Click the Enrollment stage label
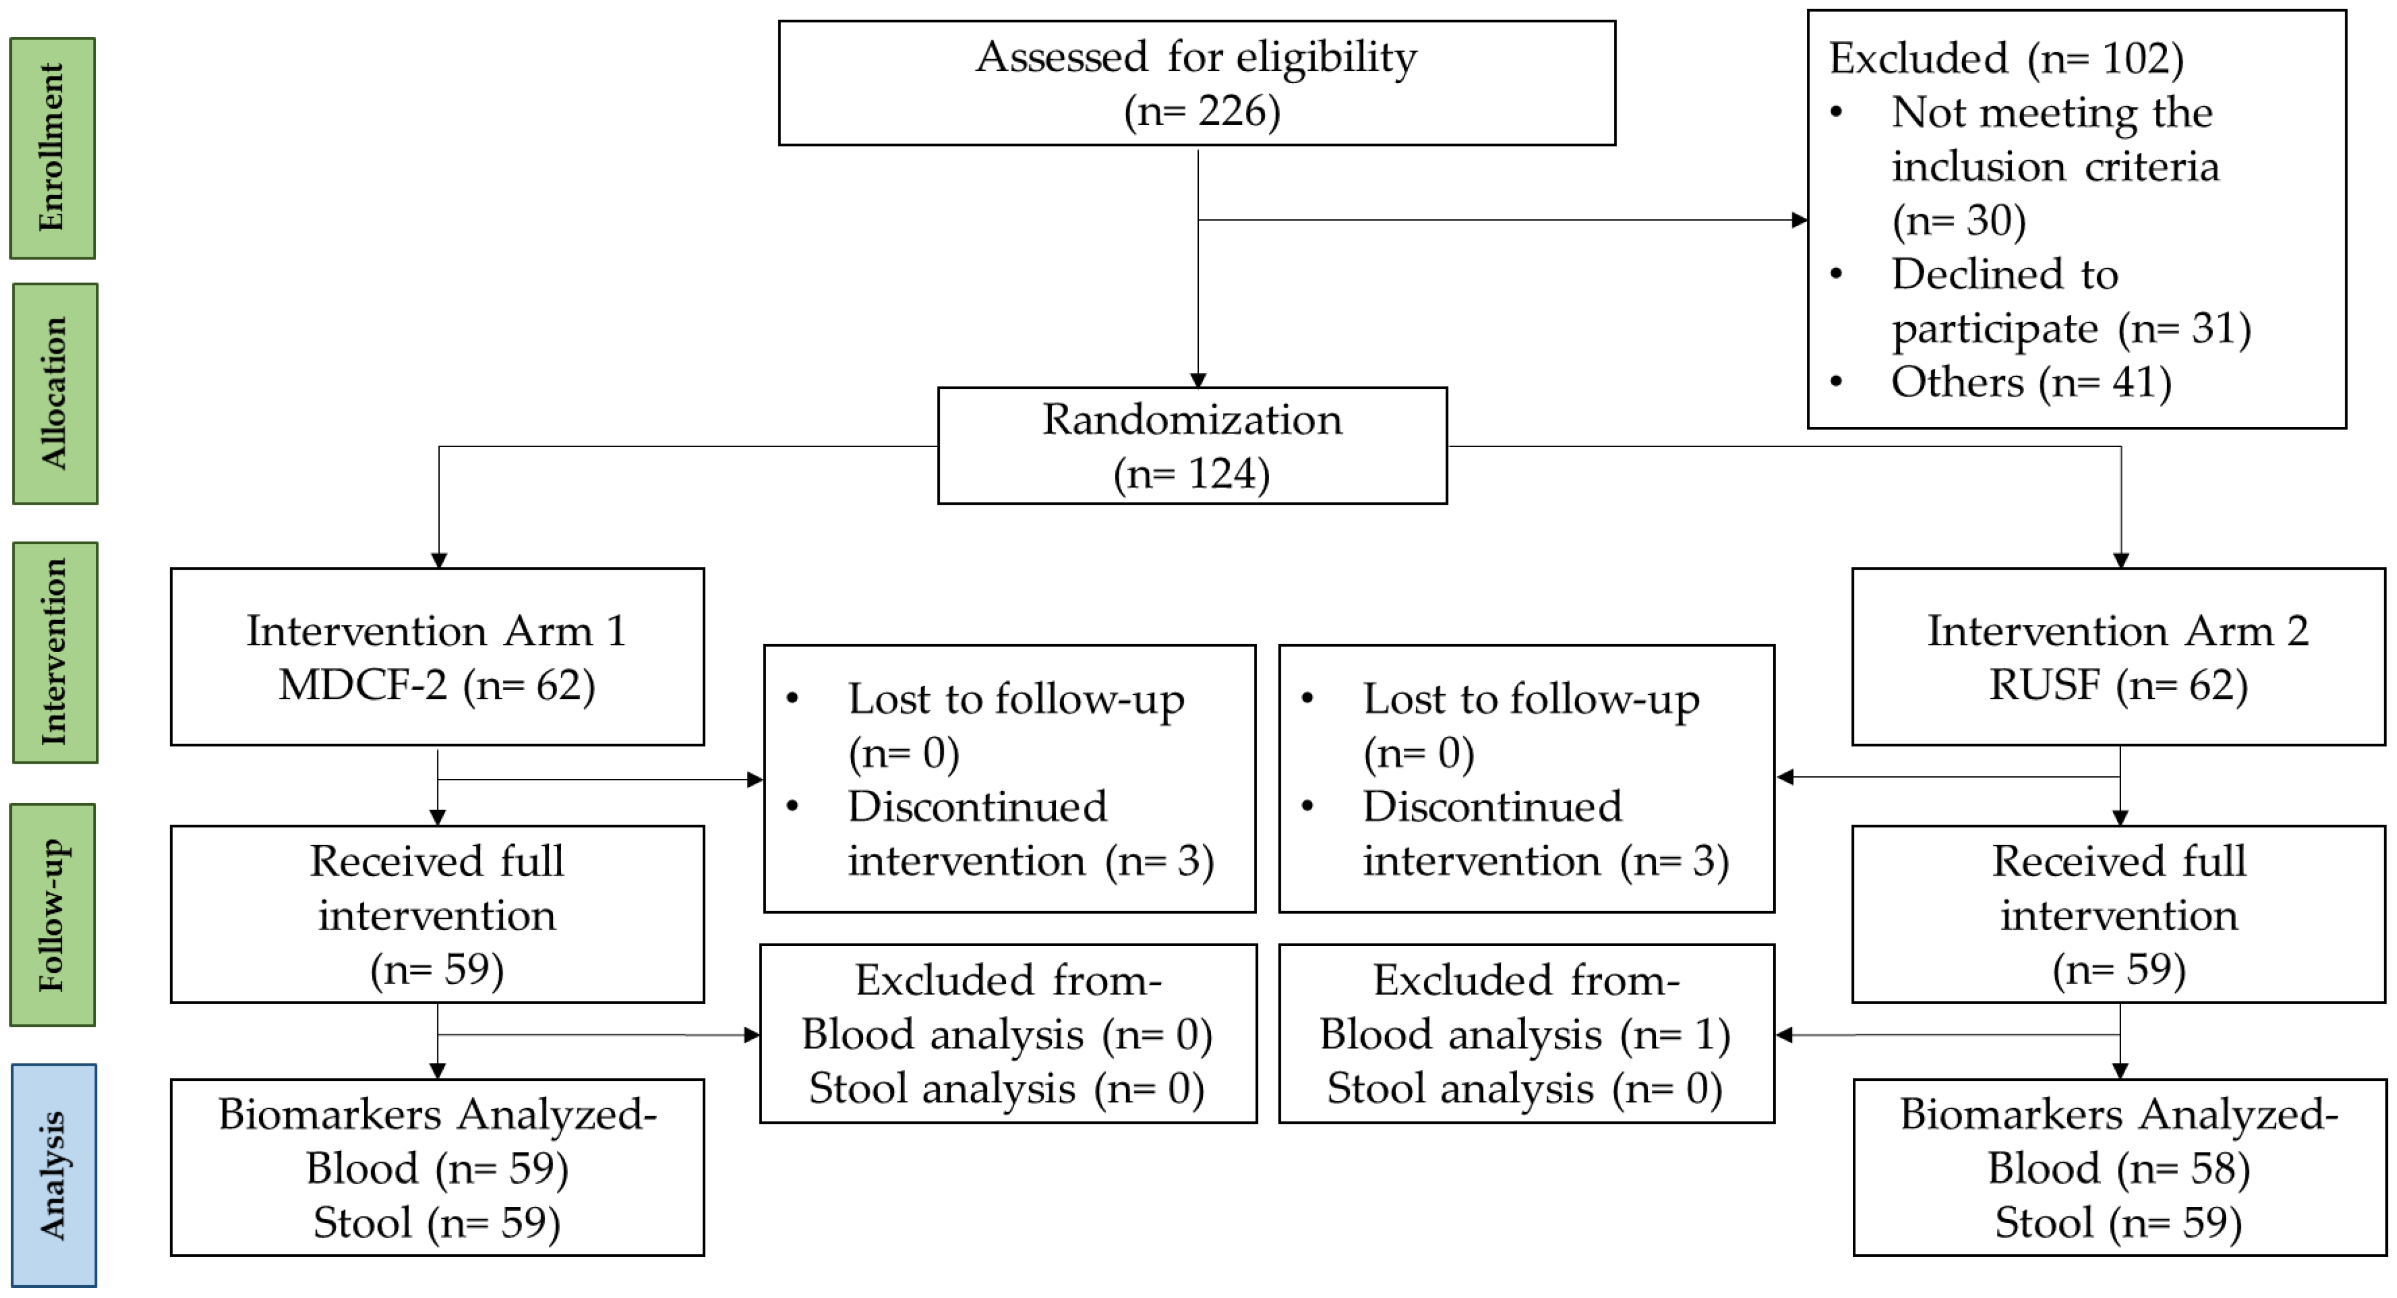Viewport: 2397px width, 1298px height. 52,148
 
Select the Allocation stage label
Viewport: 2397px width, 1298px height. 55,394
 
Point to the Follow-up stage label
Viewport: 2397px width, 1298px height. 53,915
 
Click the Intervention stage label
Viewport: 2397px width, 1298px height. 55,652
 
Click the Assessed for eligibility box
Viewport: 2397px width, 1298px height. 1196,83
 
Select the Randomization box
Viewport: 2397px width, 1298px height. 1192,445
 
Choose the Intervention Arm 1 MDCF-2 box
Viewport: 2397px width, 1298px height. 437,657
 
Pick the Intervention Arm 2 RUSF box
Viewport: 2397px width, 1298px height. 2119,657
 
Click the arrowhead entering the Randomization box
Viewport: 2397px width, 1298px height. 1199,380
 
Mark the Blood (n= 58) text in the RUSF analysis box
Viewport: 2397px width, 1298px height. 2119,1168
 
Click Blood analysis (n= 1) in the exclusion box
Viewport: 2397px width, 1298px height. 1526,1035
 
